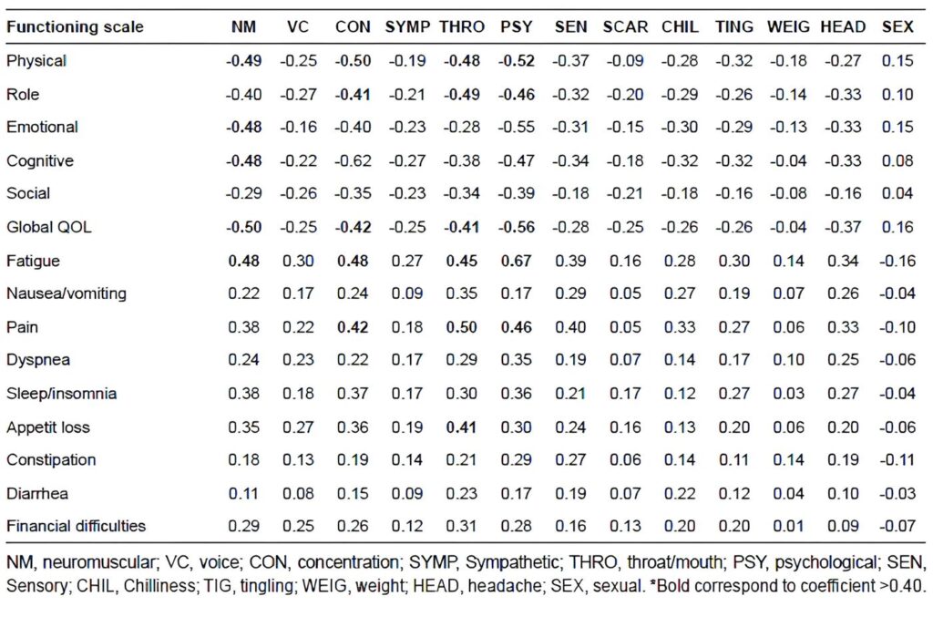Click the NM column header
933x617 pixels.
(x=243, y=26)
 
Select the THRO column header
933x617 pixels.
(x=462, y=26)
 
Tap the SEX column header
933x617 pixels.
(x=897, y=26)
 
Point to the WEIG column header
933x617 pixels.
(x=788, y=26)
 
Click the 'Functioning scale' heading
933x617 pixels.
(x=75, y=26)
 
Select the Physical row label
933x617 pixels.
(x=36, y=61)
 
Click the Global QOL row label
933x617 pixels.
(x=49, y=227)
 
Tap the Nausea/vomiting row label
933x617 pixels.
(x=67, y=293)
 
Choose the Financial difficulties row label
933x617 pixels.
(x=77, y=526)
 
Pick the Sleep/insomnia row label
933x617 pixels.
(x=61, y=394)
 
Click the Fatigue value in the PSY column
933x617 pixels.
(x=516, y=261)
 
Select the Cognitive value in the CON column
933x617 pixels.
(x=353, y=160)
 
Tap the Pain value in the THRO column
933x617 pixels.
(x=462, y=327)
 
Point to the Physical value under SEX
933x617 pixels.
(x=897, y=61)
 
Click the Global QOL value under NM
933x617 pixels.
(x=243, y=227)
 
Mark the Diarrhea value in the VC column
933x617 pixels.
(x=298, y=493)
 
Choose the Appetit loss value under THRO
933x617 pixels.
(x=462, y=427)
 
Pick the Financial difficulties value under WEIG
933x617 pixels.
(x=788, y=526)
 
